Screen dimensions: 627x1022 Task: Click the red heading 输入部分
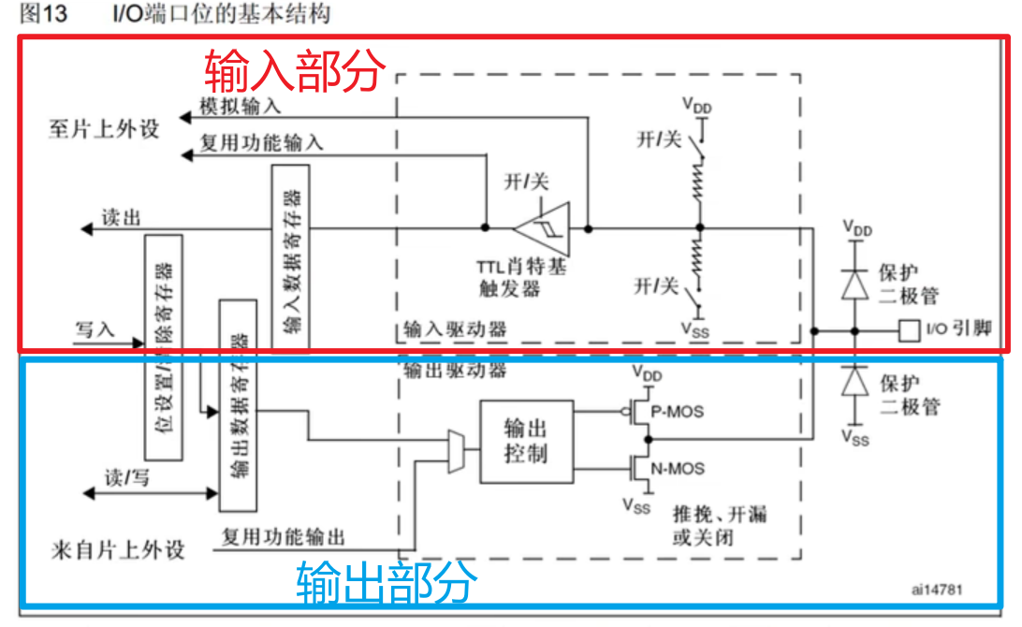[295, 70]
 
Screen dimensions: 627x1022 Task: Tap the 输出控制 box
[524, 442]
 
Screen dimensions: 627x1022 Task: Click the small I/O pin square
[908, 329]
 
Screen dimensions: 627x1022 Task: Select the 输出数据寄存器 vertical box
[238, 405]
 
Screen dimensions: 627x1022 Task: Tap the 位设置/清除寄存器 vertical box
[164, 346]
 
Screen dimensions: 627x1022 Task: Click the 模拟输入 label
[241, 107]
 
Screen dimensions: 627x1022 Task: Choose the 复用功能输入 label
[262, 142]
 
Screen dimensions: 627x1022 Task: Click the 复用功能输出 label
[283, 537]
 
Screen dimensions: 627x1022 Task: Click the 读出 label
[122, 218]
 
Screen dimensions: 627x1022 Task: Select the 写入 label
[95, 328]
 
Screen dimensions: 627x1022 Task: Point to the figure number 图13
[44, 16]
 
